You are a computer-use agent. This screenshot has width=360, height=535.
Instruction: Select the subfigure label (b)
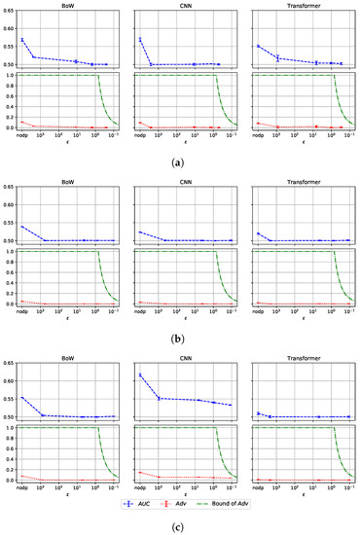[180, 340]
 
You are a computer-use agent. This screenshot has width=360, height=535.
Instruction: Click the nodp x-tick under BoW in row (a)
[22, 135]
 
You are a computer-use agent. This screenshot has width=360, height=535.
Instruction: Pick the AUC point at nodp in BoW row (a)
[22, 40]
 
